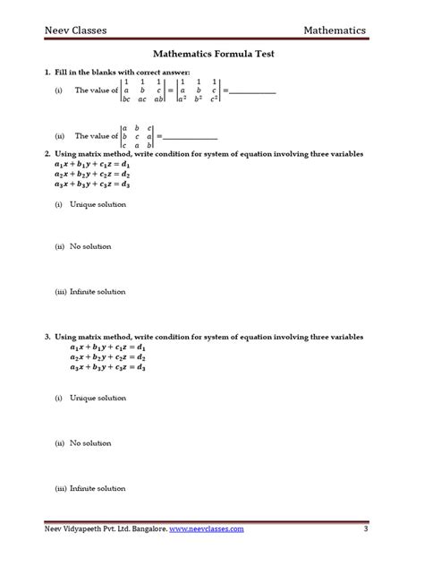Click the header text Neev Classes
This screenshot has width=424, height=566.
tap(77, 30)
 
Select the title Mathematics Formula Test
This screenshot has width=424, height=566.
tap(212, 55)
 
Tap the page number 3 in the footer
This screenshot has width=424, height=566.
tap(366, 530)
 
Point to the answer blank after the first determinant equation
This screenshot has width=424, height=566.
tap(254, 91)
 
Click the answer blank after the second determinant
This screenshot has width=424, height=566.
tap(191, 136)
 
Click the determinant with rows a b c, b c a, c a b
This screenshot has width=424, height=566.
tap(138, 136)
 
